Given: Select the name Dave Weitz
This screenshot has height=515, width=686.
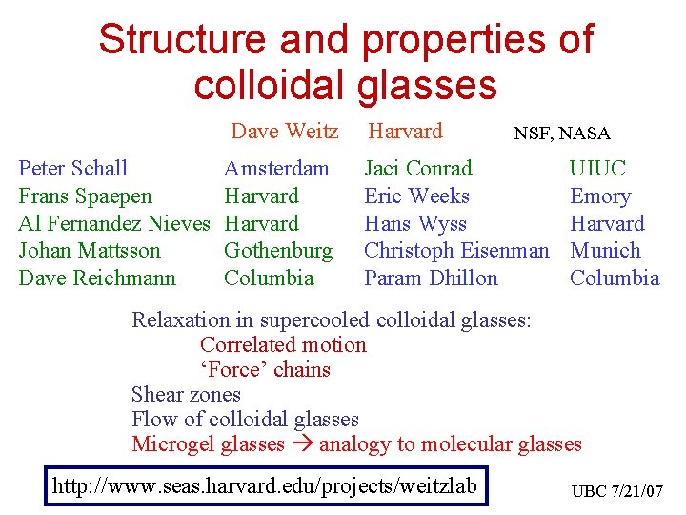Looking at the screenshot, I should (284, 131).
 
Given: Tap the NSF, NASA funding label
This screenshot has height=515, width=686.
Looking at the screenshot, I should (562, 134).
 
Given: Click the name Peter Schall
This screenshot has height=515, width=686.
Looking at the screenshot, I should (73, 169).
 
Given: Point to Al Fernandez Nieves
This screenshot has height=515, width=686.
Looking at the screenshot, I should (113, 223).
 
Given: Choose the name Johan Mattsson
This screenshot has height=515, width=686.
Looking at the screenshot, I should (90, 251).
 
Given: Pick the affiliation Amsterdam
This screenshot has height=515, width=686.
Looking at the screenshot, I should (276, 169).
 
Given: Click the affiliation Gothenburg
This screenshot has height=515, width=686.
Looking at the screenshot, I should (278, 251).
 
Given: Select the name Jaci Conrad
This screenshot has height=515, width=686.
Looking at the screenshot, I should (418, 169).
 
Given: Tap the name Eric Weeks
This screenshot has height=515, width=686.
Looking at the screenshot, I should (417, 196).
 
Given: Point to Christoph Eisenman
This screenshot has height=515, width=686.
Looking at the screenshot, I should (457, 251).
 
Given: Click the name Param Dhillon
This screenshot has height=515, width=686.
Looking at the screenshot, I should (431, 278).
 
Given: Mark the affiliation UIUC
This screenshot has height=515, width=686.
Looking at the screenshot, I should (597, 169).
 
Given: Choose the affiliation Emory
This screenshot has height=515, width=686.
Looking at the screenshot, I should (600, 196).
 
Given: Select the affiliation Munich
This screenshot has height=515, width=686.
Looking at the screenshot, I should (605, 251).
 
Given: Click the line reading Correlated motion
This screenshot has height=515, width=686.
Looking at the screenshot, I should (283, 345).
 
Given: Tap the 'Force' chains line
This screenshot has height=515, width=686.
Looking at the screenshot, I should (265, 370).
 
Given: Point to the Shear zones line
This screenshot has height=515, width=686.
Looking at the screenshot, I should (186, 395).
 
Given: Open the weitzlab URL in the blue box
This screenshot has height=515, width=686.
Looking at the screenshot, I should (265, 485).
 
